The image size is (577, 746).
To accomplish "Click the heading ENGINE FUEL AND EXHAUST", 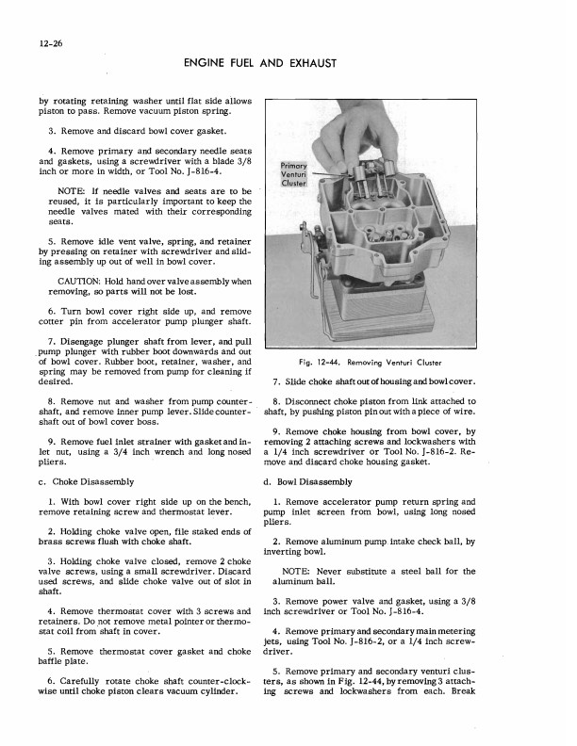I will tap(289, 64).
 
